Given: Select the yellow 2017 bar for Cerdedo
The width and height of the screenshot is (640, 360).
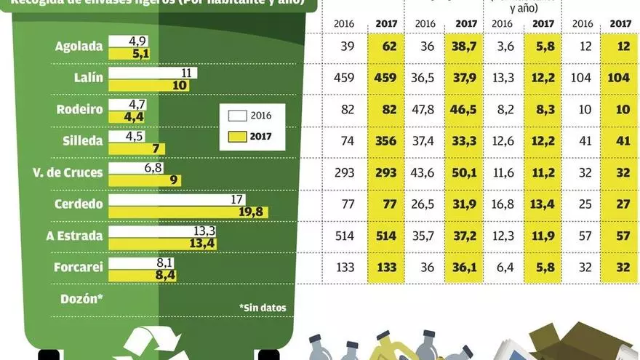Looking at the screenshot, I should [188, 212].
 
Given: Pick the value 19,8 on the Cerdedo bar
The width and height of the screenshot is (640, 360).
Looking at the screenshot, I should [253, 212].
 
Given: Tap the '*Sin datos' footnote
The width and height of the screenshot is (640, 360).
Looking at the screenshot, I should [263, 308].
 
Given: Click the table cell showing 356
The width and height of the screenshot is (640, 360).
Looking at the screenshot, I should [386, 141].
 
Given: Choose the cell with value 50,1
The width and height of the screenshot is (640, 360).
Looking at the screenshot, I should [465, 172].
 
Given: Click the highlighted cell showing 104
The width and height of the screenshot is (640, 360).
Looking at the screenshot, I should [620, 78].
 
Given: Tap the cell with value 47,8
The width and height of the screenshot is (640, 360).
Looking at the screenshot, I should [425, 110].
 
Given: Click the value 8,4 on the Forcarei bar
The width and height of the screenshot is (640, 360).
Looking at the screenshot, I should [164, 275].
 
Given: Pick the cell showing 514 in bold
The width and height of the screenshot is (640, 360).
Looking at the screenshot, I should [386, 236].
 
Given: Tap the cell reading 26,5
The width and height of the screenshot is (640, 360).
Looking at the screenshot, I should [425, 204].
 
